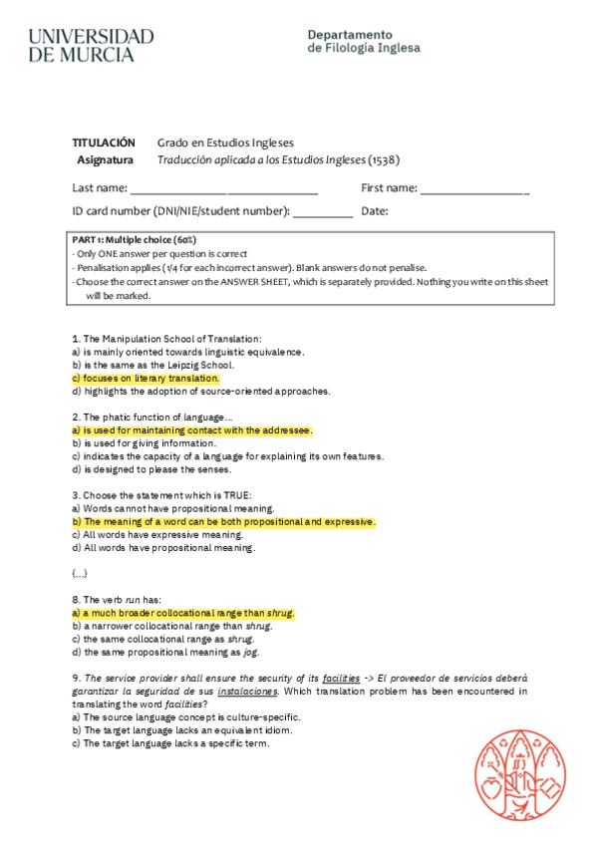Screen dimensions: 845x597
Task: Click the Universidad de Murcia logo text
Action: click(x=91, y=46)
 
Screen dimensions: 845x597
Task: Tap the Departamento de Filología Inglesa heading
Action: click(x=364, y=41)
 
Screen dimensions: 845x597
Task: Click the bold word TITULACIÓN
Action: click(x=104, y=142)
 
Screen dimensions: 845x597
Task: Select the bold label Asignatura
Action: click(x=105, y=159)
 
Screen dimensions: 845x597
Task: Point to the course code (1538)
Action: click(x=384, y=159)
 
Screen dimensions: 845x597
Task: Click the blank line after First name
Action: click(x=474, y=189)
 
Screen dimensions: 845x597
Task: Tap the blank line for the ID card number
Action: click(x=323, y=212)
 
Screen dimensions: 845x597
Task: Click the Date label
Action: click(x=375, y=211)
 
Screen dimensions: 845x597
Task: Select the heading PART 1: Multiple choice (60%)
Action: click(x=135, y=240)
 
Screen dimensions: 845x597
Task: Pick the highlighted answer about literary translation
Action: click(x=146, y=379)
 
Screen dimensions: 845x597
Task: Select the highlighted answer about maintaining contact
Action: click(x=192, y=430)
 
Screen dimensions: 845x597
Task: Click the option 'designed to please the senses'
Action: click(x=151, y=469)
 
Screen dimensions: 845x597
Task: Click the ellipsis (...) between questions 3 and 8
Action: click(x=80, y=574)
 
